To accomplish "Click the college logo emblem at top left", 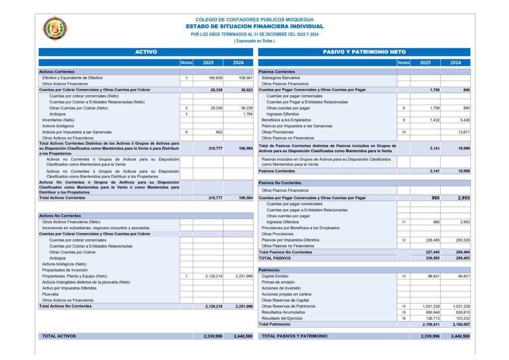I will point(55,29).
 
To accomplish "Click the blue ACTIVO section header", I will point(146,52).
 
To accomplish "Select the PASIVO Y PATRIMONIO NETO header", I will point(364,52).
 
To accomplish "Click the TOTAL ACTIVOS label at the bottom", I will point(59,336).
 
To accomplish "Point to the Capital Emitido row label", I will point(275,276).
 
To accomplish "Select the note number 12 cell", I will point(404,240).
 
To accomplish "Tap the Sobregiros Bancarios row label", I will point(281,78).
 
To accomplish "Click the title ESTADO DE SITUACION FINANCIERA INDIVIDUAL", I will point(254,26).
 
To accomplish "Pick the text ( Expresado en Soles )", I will point(254,41).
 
